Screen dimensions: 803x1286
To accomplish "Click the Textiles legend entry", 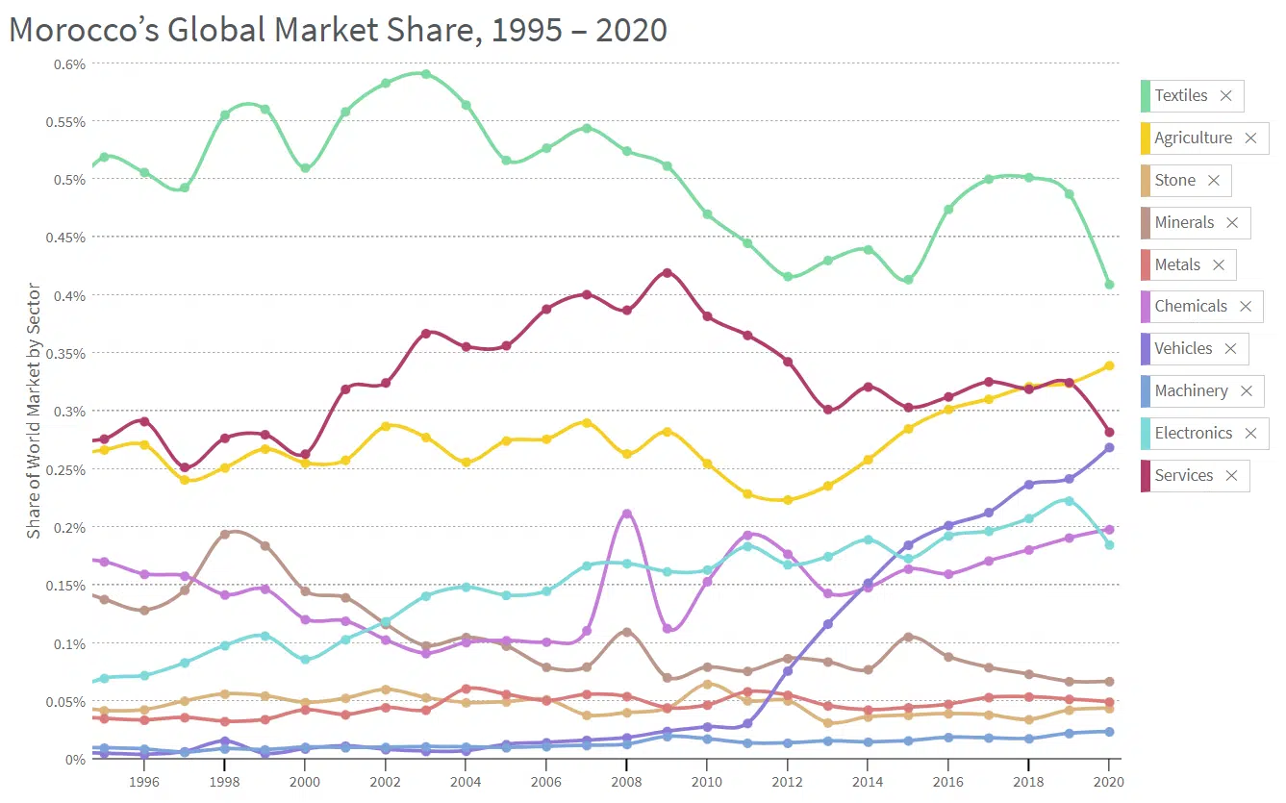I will point(1180,96).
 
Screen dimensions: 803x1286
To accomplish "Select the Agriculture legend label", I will point(1193,138).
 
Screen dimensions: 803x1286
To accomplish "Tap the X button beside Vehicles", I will point(1230,349).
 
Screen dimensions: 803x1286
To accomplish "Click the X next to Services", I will point(1231,476).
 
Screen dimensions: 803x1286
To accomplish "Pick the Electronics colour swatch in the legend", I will point(1146,434).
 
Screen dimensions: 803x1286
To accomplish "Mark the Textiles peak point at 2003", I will point(426,74).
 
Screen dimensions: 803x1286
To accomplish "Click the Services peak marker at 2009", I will point(667,273).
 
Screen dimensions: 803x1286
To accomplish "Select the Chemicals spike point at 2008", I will point(627,514).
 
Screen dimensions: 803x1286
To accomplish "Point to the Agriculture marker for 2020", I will point(1109,365).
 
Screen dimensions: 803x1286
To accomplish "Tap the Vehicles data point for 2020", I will point(1109,447).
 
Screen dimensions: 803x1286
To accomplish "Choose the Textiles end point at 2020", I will point(1109,285).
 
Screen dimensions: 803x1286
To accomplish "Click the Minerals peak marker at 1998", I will point(225,535).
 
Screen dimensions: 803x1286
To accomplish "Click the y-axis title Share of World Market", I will point(34,411).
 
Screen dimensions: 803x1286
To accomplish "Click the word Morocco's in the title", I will point(83,30).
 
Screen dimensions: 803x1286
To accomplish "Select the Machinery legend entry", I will point(1191,391).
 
